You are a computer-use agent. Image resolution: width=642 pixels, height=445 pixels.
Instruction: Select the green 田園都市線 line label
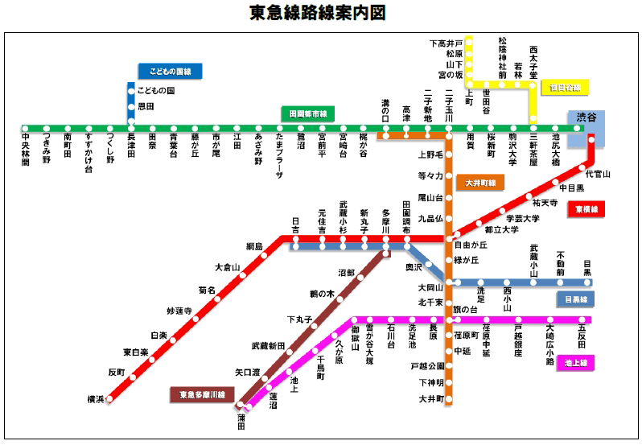(x=307, y=114)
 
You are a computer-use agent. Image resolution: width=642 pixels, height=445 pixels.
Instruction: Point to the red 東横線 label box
(x=587, y=209)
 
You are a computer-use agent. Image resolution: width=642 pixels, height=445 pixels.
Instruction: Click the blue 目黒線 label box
(x=575, y=299)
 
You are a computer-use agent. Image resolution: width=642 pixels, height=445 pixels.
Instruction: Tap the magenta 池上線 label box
(x=575, y=363)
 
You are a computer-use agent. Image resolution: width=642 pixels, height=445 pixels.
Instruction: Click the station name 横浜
(x=96, y=399)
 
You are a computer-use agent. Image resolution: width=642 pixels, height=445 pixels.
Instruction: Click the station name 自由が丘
(x=471, y=245)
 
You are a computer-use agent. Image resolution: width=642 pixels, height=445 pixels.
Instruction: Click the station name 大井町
(x=431, y=398)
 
